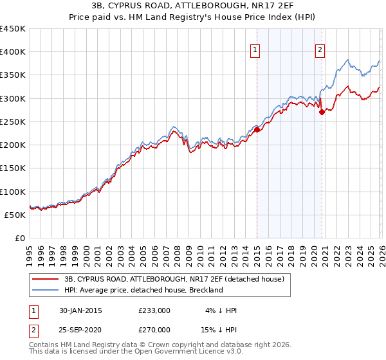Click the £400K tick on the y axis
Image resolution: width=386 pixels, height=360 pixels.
coord(13,52)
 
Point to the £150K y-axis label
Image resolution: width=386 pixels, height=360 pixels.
coord(13,168)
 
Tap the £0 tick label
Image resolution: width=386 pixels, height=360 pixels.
coord(19,238)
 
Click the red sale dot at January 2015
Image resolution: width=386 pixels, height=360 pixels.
coord(257,130)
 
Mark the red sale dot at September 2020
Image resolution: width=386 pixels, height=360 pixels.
coord(322,112)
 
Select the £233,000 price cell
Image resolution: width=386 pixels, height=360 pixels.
coord(154,310)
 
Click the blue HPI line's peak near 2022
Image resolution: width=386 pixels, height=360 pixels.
coord(348,60)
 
